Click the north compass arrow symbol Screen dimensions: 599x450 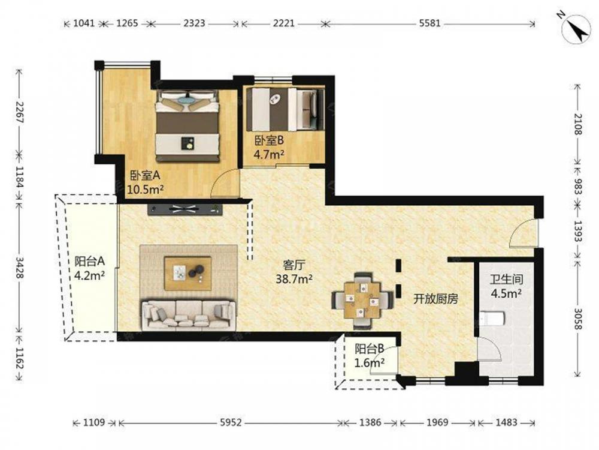[576, 29]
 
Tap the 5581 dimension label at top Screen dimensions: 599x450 [429, 23]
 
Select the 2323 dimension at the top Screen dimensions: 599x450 [194, 23]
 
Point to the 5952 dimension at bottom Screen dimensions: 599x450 [231, 422]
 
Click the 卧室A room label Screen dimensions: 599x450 [145, 176]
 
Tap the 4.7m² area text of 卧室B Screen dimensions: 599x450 [269, 155]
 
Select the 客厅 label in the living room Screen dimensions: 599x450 [294, 265]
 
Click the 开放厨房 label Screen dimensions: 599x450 [435, 299]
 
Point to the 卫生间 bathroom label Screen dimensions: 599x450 [507, 280]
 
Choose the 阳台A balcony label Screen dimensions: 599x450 [89, 262]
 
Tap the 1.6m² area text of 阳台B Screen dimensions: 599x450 [370, 362]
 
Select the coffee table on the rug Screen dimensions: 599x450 [188, 273]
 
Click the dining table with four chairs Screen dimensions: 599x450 [362, 299]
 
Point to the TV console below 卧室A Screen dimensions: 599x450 [185, 209]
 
